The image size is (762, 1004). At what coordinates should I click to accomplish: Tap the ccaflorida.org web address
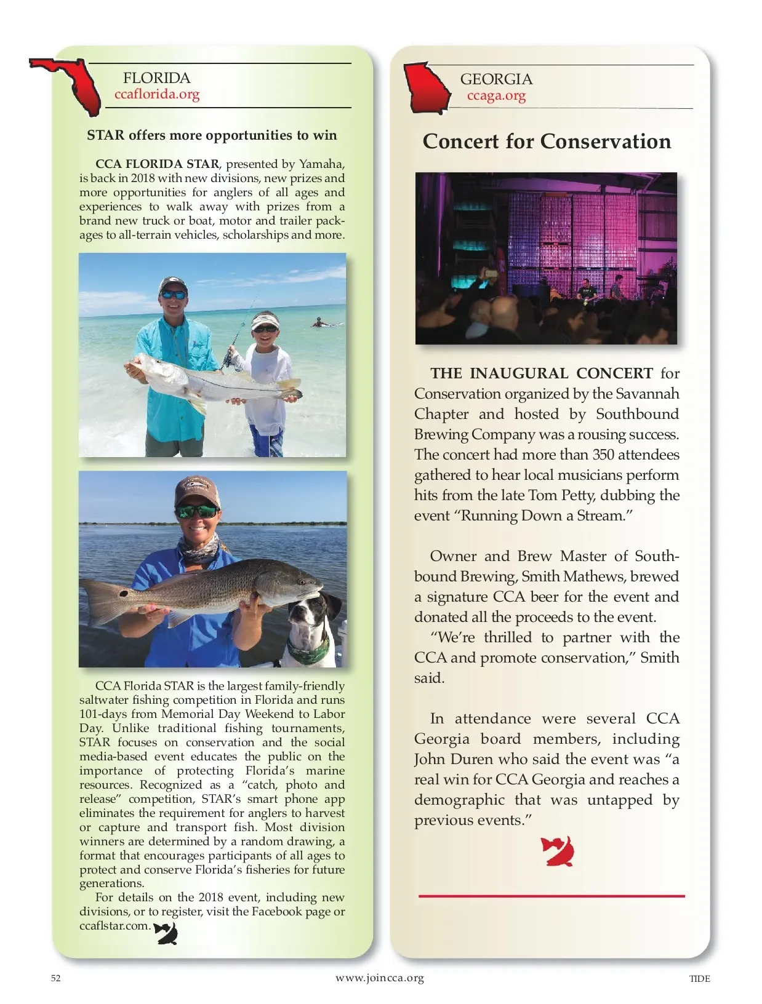(x=157, y=94)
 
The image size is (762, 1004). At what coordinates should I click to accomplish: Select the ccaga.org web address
(x=496, y=95)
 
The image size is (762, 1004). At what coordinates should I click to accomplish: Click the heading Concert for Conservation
(x=547, y=141)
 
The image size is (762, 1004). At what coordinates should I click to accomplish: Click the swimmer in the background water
(x=319, y=322)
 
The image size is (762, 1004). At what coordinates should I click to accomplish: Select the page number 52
(x=56, y=978)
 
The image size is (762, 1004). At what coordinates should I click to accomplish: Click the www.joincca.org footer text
(x=380, y=978)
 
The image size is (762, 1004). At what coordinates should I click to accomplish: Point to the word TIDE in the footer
(x=699, y=979)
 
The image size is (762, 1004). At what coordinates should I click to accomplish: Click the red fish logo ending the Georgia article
(x=558, y=851)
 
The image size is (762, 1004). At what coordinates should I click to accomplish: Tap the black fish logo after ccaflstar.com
(x=166, y=933)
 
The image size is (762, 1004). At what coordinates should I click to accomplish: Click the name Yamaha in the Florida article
(x=321, y=164)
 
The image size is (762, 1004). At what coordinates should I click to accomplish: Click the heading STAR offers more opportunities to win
(x=212, y=135)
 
